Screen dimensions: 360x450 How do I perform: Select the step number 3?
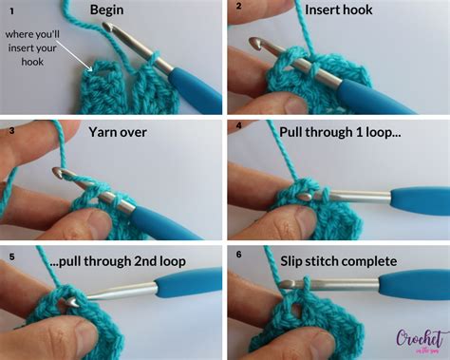(10, 131)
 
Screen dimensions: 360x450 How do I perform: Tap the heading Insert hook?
(339, 11)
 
